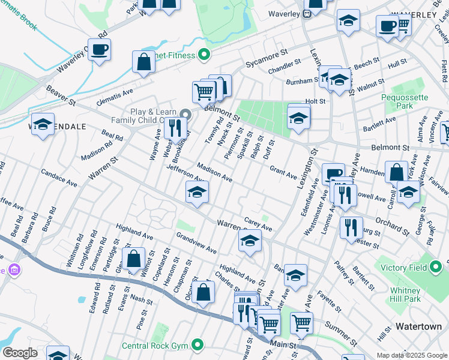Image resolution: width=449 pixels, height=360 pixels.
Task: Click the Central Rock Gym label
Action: point(156,345)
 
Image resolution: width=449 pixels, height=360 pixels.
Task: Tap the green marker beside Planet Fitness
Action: point(204,56)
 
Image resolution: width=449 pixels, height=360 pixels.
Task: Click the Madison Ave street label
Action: point(214,173)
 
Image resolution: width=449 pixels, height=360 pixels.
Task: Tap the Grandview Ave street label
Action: point(196,244)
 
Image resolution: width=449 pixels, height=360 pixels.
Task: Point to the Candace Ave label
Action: point(59,177)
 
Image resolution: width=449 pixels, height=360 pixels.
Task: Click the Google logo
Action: point(19,353)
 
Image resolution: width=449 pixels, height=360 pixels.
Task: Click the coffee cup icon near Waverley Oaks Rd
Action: point(100,49)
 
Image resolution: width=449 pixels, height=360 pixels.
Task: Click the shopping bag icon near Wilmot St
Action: point(134,259)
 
